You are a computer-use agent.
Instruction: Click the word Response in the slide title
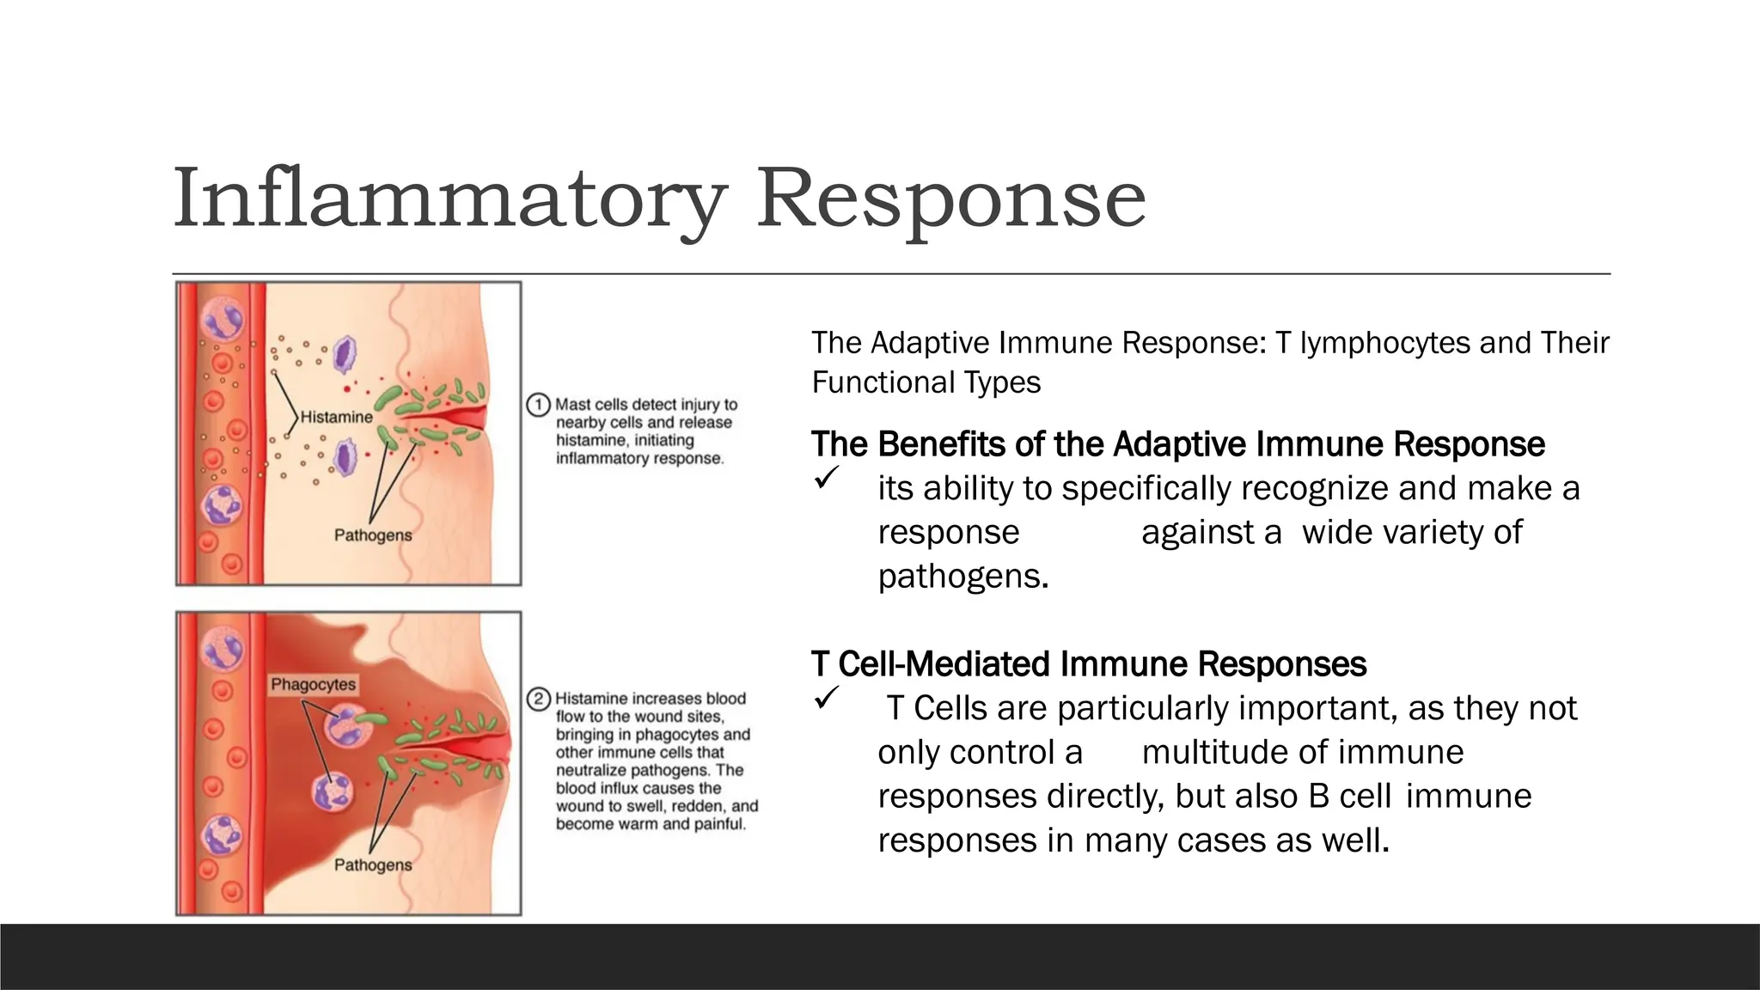coord(950,199)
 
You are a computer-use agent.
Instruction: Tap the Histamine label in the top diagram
coord(336,418)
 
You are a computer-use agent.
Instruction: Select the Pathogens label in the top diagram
coord(373,535)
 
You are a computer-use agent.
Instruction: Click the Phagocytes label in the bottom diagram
coord(313,685)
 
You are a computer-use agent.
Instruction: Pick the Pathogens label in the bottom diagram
coord(373,865)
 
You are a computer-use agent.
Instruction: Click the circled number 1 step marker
coord(538,405)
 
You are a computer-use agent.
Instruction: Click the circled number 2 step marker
coord(538,699)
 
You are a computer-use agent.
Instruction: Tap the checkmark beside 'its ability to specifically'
coord(826,478)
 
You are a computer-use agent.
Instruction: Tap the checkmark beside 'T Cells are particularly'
coord(826,698)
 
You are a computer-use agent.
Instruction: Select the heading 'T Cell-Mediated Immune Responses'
coord(1088,664)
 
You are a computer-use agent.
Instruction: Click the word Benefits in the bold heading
coord(941,444)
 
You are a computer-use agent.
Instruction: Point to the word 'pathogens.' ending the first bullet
coord(962,576)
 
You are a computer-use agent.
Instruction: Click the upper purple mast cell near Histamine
coord(345,354)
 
